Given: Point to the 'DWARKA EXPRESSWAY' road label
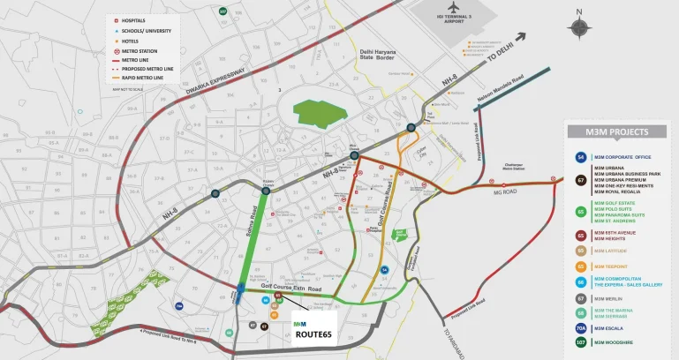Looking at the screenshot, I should click(216, 81).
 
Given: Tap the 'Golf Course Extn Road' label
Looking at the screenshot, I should click(290, 289).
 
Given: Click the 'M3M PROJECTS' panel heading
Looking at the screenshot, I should click(616, 132).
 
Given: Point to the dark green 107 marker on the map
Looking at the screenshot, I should click(223, 11).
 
